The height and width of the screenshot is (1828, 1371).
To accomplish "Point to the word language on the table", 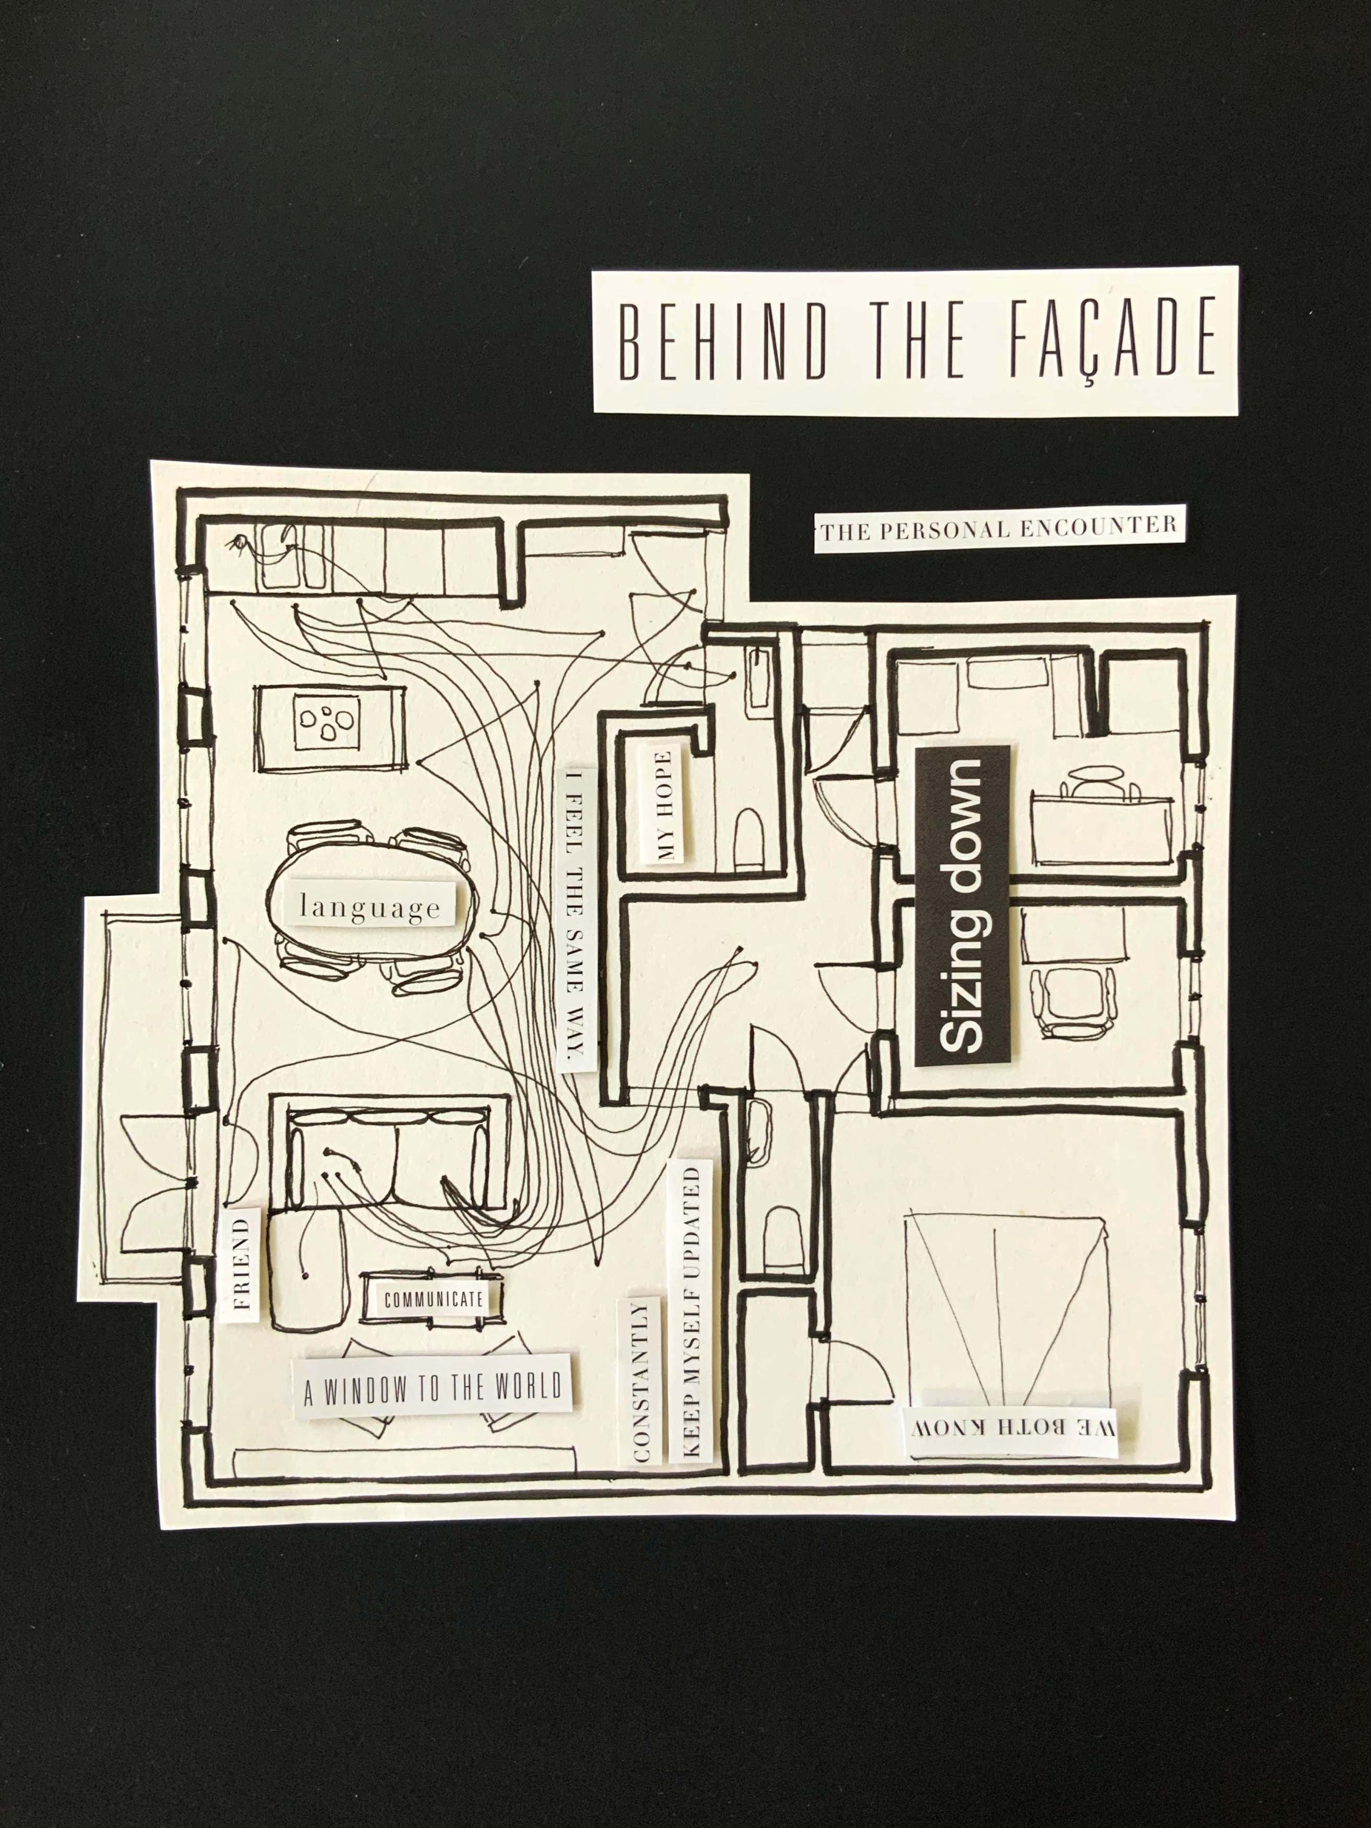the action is (370, 907).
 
